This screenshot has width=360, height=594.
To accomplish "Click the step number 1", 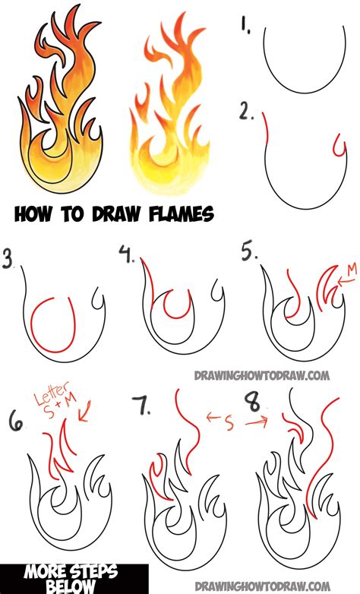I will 245,27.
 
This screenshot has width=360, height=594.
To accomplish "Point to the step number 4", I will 126,254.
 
